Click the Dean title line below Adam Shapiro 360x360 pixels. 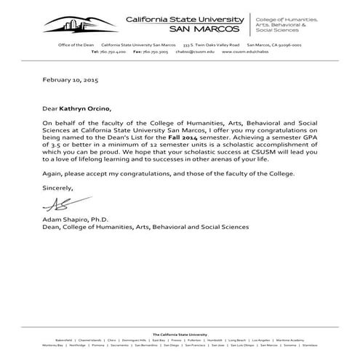[x=140, y=227]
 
